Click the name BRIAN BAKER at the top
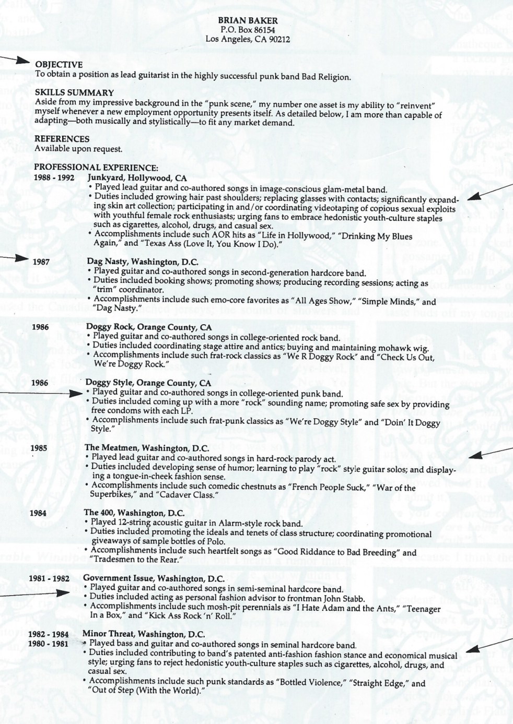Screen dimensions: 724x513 (248, 21)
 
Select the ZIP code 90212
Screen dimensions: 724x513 (279, 39)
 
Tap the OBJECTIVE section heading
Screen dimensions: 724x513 (59, 65)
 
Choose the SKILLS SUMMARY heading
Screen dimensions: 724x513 (74, 93)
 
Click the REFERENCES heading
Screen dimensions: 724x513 (62, 139)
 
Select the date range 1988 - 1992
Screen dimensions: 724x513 (54, 177)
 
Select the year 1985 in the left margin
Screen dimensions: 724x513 (39, 448)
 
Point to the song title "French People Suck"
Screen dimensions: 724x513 (305, 488)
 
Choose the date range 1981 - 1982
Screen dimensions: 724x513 (49, 579)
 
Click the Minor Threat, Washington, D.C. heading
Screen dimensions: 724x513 (143, 634)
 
